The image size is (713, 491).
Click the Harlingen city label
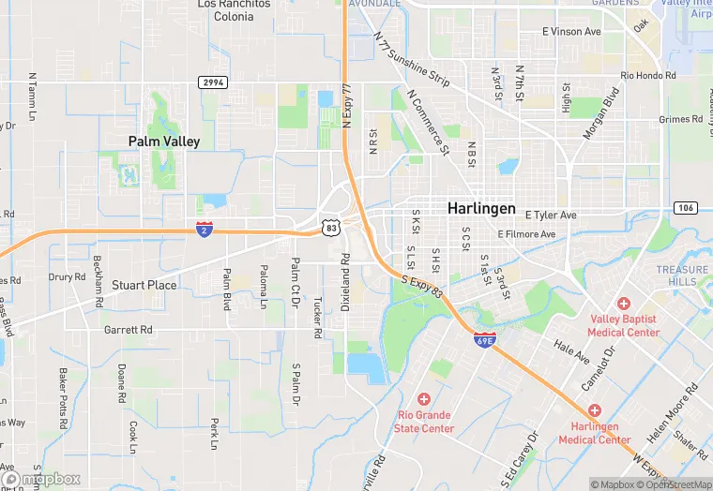(481, 208)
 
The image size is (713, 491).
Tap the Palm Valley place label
(164, 141)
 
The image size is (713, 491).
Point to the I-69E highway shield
(484, 339)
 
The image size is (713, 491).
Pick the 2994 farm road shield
(212, 83)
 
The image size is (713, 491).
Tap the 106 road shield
(684, 207)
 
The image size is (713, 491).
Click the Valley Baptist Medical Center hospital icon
(624, 303)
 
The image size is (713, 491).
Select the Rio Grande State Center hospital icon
(424, 399)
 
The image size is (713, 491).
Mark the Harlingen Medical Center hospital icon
(595, 410)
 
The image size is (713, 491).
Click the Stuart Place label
(144, 285)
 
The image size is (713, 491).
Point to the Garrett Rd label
(128, 330)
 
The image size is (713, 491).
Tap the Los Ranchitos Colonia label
(234, 10)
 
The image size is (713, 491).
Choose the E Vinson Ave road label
(571, 32)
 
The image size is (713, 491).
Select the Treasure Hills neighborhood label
(682, 275)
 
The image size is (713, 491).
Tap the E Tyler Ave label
(551, 215)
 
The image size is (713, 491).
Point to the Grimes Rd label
(680, 119)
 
